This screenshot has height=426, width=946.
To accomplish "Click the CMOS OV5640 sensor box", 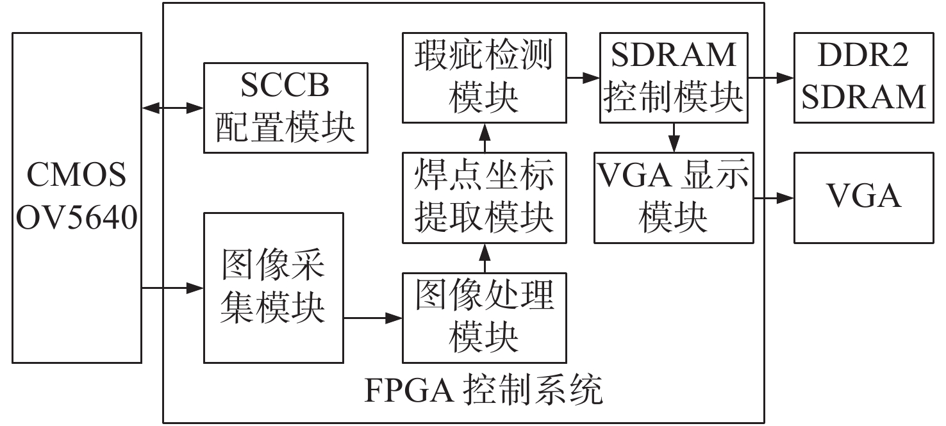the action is (77, 197).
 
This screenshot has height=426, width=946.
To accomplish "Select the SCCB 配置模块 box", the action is (286, 108).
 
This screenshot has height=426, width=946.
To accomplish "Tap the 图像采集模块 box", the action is (274, 288).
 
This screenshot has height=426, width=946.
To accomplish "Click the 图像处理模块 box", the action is (485, 318).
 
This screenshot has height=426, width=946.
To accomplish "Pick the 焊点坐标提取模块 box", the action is (485, 198).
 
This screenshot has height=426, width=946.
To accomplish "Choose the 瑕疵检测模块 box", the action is (485, 78).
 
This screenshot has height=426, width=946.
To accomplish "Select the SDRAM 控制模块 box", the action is (674, 78).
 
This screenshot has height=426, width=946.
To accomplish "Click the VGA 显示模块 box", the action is (674, 198).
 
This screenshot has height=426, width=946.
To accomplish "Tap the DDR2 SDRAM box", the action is (864, 78).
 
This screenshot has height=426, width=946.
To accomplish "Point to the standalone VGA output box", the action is (864, 198).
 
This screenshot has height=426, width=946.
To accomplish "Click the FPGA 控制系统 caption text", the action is (484, 390).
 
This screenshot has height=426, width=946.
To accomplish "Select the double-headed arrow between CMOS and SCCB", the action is (173, 108).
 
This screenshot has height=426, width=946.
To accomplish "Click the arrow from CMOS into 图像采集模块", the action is (173, 288).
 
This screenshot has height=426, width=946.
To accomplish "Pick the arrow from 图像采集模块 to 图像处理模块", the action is (373, 318).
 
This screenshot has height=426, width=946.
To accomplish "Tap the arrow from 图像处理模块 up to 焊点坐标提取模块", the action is (485, 258).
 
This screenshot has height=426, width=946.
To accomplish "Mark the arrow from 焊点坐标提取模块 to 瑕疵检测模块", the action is (485, 138).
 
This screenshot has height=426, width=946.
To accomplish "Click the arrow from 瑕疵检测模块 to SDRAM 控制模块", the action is (583, 78).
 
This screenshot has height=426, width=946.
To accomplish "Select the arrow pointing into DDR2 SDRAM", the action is (771, 78).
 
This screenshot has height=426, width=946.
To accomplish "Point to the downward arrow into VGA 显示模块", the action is (674, 138).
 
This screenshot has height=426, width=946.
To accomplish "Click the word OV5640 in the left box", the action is (77, 218).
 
